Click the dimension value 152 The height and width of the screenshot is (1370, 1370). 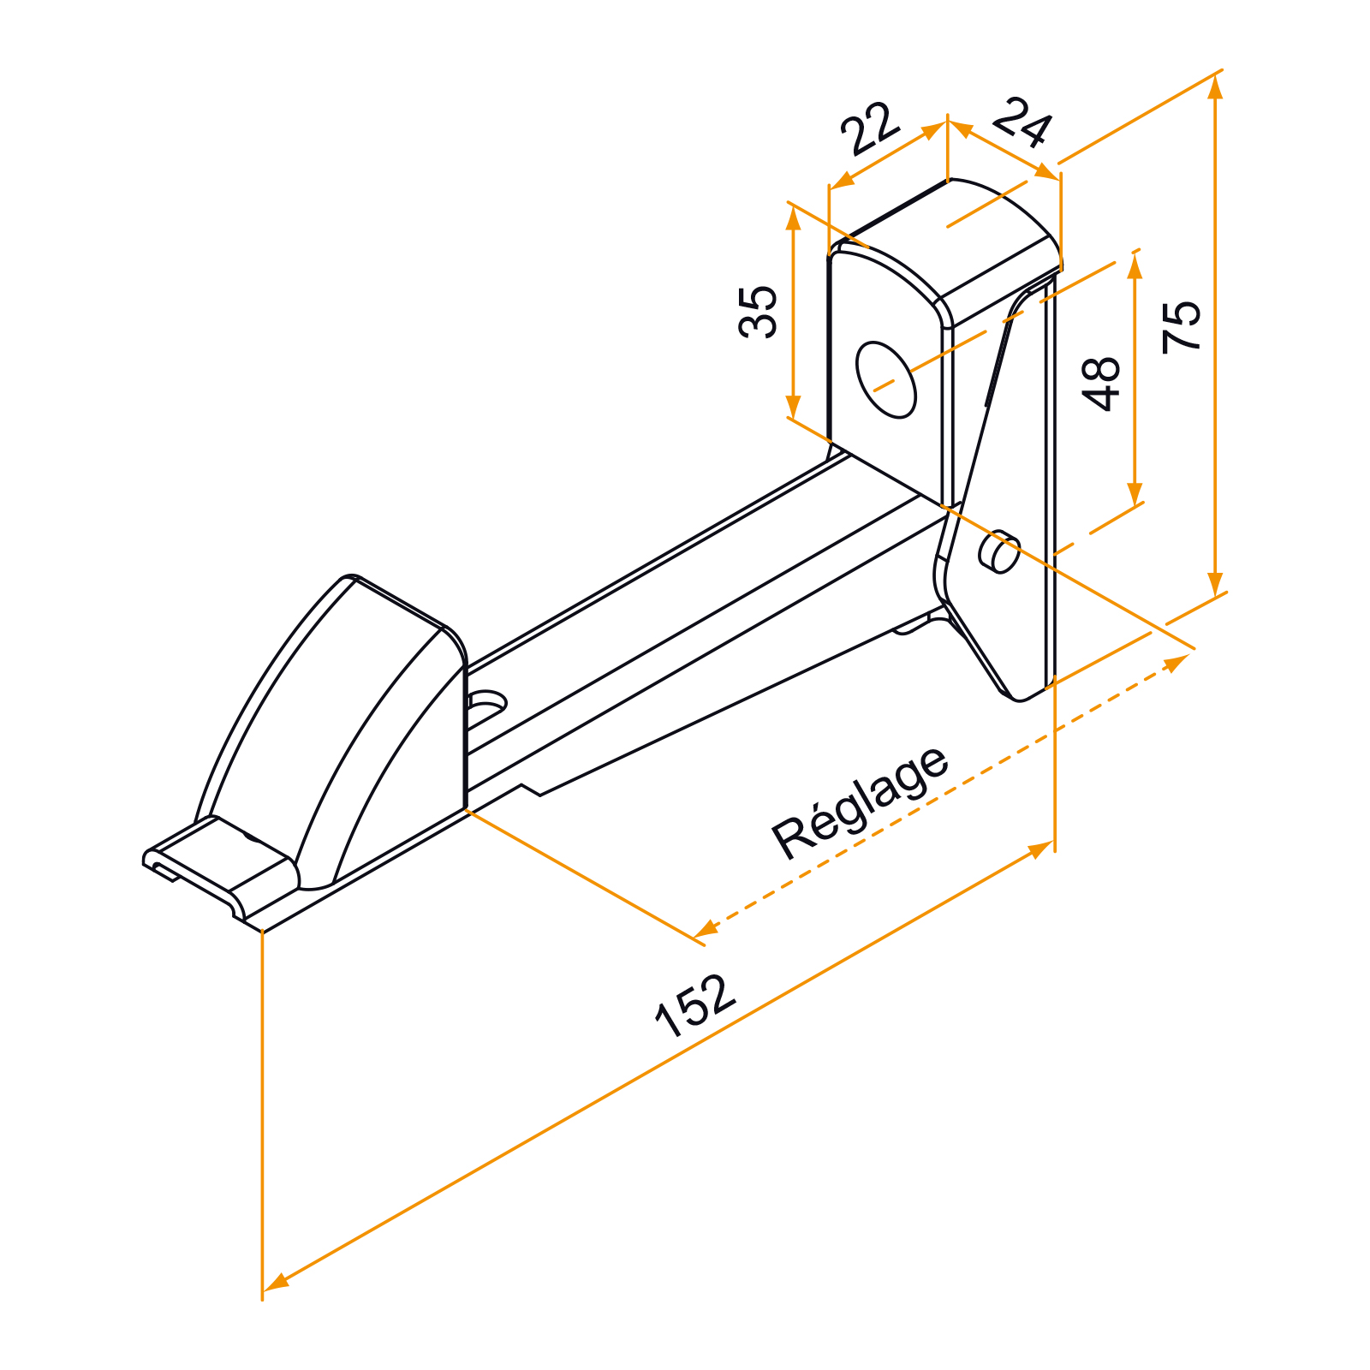click(695, 1005)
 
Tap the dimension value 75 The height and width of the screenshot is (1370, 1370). click(1182, 326)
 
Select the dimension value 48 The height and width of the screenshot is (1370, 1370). click(1101, 384)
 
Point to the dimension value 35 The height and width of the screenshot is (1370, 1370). click(759, 312)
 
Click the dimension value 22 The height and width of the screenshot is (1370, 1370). click(871, 128)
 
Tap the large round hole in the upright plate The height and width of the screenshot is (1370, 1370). click(886, 380)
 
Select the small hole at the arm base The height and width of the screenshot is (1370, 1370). click(487, 702)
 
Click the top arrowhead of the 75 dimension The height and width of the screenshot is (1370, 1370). click(1216, 86)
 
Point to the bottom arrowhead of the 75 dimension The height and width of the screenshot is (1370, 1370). click(1216, 584)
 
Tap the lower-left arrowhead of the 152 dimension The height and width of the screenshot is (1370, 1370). click(276, 1282)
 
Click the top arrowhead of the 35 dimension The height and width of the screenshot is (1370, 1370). click(794, 217)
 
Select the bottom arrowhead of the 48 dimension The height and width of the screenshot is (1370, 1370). click(1135, 494)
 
